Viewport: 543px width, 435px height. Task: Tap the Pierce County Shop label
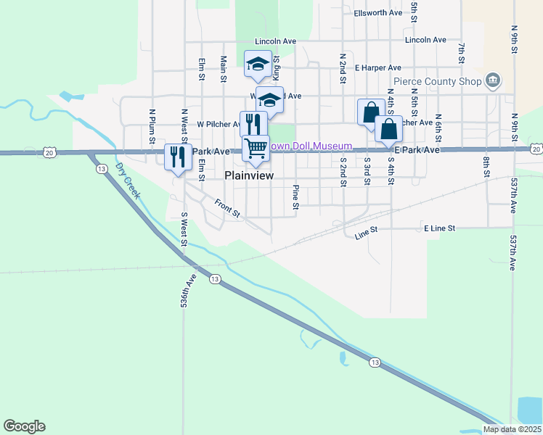(x=438, y=81)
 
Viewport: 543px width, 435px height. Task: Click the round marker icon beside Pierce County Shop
(x=494, y=80)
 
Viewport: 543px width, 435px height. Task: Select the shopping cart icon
(x=256, y=149)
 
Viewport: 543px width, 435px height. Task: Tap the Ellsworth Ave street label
(x=378, y=13)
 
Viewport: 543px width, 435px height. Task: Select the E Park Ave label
(x=417, y=149)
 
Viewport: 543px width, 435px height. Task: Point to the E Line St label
(x=439, y=228)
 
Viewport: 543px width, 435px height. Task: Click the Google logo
(x=24, y=426)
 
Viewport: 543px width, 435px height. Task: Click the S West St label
(x=184, y=225)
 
